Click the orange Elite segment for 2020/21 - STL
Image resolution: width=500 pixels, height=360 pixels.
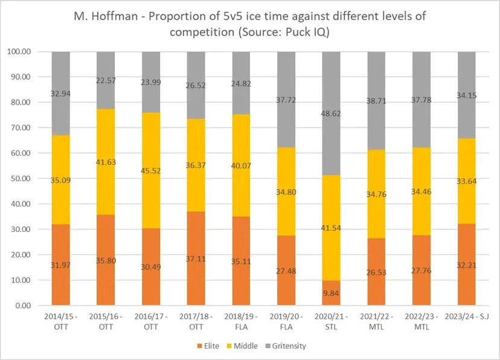point(332,293)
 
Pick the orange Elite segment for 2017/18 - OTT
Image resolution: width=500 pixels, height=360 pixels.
point(196,254)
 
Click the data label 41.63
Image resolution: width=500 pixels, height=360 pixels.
point(106,162)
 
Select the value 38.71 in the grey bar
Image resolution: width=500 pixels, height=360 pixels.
point(377,104)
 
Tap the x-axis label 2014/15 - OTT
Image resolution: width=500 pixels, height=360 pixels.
point(60,322)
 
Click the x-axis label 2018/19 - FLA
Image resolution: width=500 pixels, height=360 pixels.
point(241,322)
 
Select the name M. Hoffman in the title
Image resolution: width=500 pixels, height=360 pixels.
point(104,16)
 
